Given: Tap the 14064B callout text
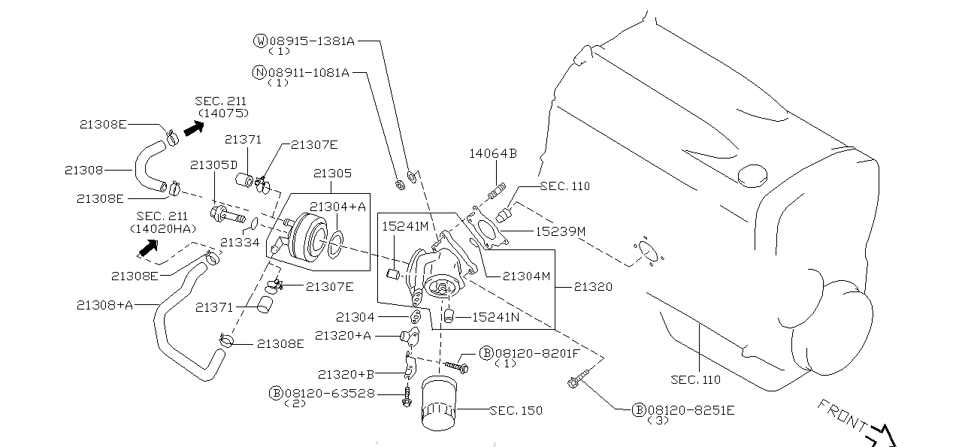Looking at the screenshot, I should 493,153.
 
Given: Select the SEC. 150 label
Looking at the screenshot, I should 516,410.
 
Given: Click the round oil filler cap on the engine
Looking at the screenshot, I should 755,177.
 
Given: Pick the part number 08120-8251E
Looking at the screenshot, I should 691,409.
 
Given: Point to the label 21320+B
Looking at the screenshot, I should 346,373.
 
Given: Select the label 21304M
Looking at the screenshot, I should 527,276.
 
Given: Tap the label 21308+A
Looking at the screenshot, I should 105,304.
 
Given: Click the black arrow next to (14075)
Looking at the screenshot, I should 194,128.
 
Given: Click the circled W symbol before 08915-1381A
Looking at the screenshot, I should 260,41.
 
